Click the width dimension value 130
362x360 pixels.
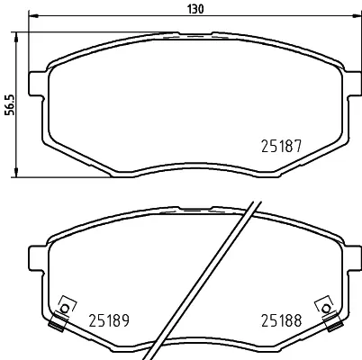[x=195, y=9]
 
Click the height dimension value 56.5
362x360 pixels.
[x=11, y=104]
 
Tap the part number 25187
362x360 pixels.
[x=281, y=147]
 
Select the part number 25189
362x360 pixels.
[x=109, y=320]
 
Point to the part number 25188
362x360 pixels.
[x=281, y=320]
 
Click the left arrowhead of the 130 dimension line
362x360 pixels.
[x=32, y=15]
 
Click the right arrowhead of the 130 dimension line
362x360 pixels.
[x=357, y=15]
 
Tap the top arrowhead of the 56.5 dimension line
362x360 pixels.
[x=16, y=36]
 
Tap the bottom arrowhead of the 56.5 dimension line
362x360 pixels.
[x=16, y=173]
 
